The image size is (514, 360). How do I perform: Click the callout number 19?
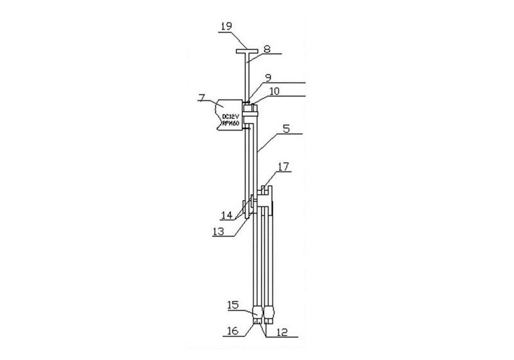pos(226,26)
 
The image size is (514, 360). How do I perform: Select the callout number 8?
pos(267,50)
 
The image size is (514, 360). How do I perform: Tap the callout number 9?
pos(268,78)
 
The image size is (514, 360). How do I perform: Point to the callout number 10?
pos(274,91)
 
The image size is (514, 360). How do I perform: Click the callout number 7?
pos(202,97)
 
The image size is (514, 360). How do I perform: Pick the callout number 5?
pos(286,129)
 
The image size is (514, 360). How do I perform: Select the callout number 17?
pos(283,167)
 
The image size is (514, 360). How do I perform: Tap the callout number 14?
pos(227,215)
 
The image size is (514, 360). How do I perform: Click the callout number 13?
pos(218,232)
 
